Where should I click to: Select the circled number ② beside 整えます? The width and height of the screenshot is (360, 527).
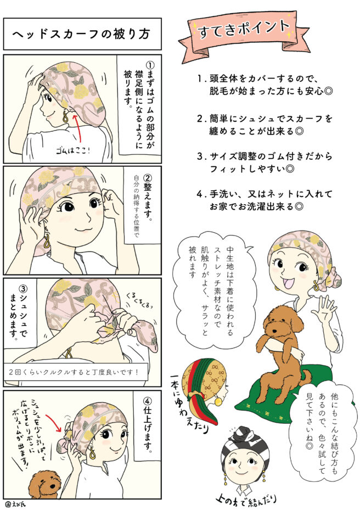pos(148,178)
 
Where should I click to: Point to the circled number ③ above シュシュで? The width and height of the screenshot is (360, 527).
pos(23,288)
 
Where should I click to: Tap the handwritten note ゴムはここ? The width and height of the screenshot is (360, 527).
pos(74,150)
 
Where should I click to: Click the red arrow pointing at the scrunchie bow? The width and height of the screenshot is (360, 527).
pos(53,423)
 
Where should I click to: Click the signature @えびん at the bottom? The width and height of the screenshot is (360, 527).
pos(15,504)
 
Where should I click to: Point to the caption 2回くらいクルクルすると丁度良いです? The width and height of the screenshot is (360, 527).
pos(74,372)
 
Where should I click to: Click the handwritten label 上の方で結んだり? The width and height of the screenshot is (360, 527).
pos(246,500)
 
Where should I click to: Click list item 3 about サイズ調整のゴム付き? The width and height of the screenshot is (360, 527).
pos(265,162)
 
